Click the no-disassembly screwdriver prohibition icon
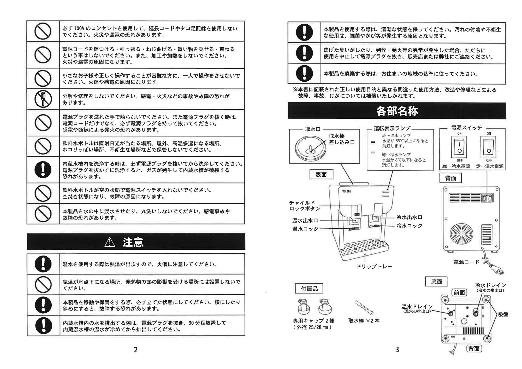[x=43, y=99]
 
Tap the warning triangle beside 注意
[x=110, y=242]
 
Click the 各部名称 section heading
[x=397, y=111]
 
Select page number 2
[x=135, y=350]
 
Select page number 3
[x=397, y=350]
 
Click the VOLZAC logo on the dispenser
[x=347, y=191]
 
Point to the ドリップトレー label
[x=374, y=266]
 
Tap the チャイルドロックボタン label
[x=304, y=206]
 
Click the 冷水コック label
[x=409, y=226]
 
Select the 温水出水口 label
[x=305, y=221]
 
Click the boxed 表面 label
[x=321, y=175]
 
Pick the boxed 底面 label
[x=437, y=282]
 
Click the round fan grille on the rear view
[x=461, y=234]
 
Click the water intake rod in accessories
[x=364, y=308]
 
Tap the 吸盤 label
[x=503, y=314]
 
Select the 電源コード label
[x=466, y=262]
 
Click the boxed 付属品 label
[x=309, y=289]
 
